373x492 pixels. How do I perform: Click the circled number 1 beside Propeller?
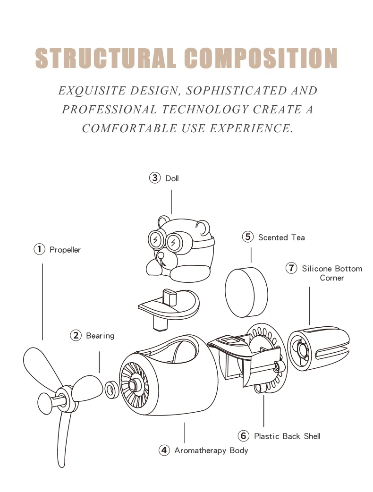tap(39, 249)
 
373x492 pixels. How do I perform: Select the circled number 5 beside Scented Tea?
tap(248, 237)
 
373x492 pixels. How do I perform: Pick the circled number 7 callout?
tap(292, 268)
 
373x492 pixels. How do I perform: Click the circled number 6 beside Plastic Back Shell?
tap(244, 436)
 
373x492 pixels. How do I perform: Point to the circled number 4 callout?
tap(164, 450)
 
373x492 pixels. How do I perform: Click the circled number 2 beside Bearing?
tap(76, 336)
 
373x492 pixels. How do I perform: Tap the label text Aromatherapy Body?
tap(211, 450)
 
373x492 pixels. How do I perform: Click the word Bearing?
tap(100, 336)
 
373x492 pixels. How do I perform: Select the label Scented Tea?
tap(281, 238)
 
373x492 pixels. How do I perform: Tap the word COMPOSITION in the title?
tap(261, 58)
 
